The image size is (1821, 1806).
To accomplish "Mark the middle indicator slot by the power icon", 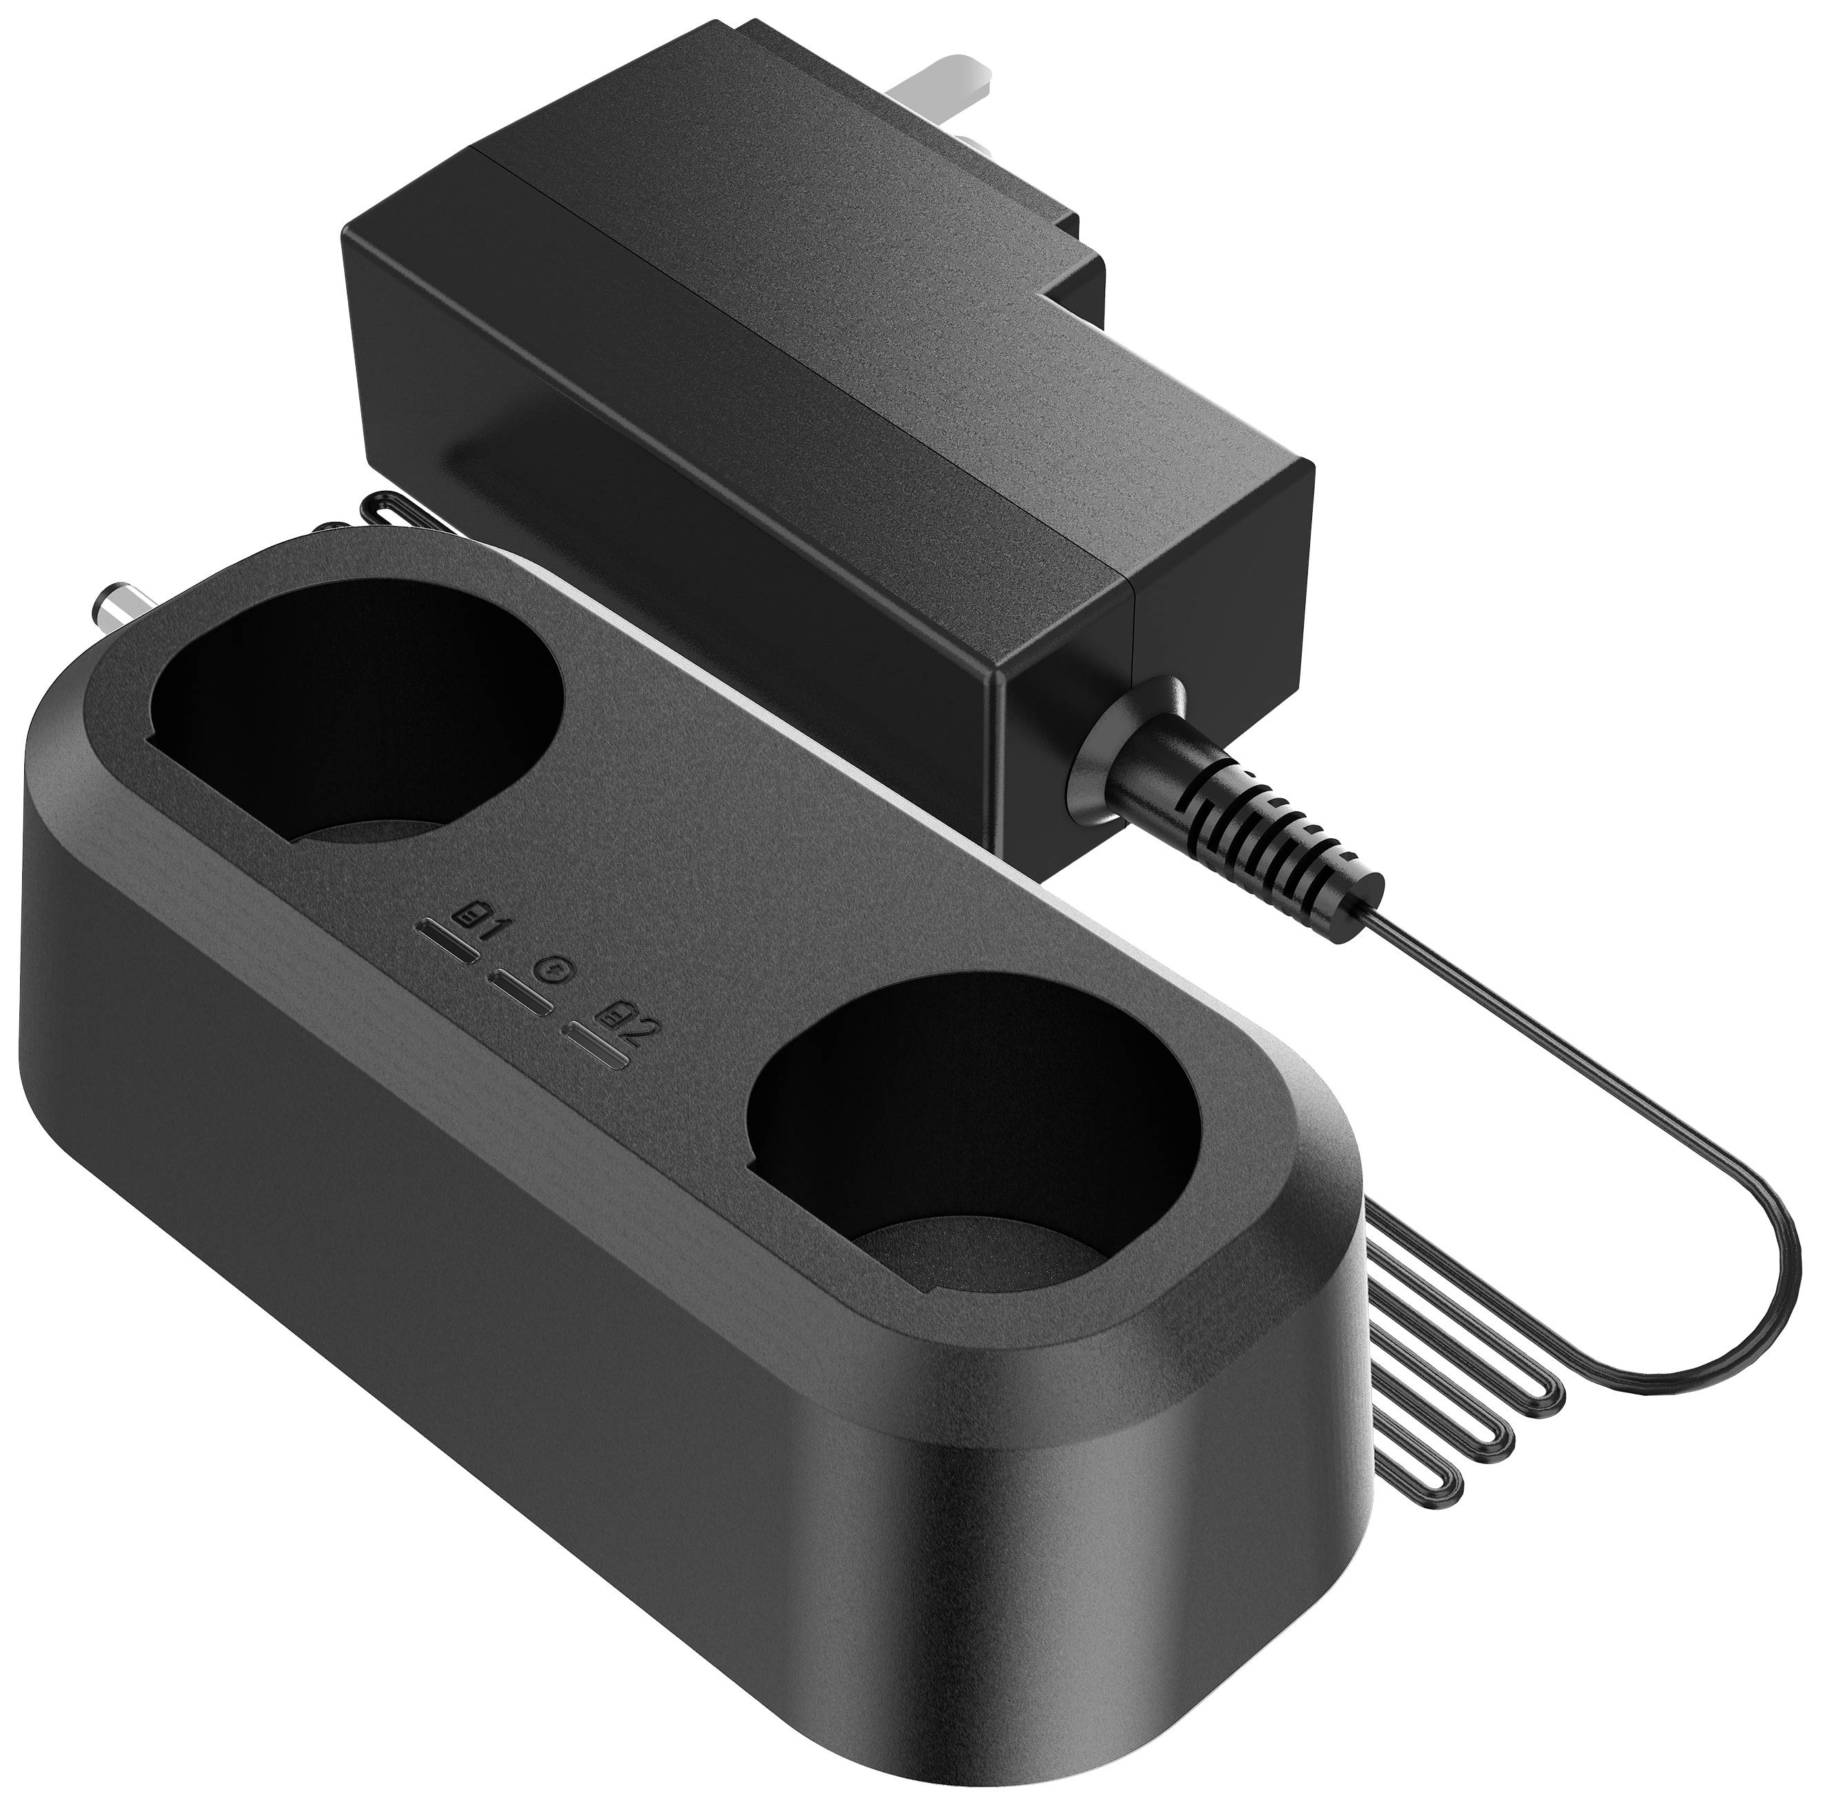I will tap(519, 994).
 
